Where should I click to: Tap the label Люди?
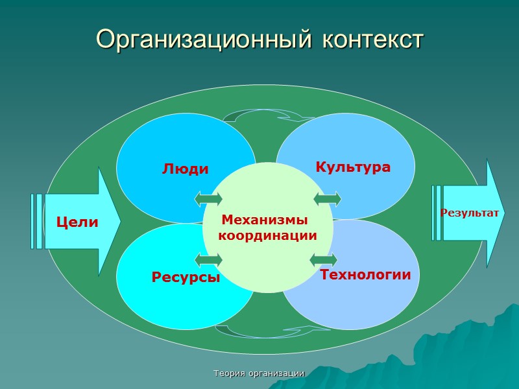186,169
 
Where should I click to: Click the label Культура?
353,167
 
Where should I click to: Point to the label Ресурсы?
186,277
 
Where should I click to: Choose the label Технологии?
365,275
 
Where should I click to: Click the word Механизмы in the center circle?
265,220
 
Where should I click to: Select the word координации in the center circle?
267,235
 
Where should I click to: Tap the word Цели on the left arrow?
77,222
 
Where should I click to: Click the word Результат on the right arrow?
470,213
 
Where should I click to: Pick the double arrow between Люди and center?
208,197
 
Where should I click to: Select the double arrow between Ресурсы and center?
208,261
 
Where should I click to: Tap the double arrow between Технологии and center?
324,261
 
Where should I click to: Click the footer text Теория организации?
259,373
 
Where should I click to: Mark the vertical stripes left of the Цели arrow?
36,221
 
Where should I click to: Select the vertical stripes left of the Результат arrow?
436,213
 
